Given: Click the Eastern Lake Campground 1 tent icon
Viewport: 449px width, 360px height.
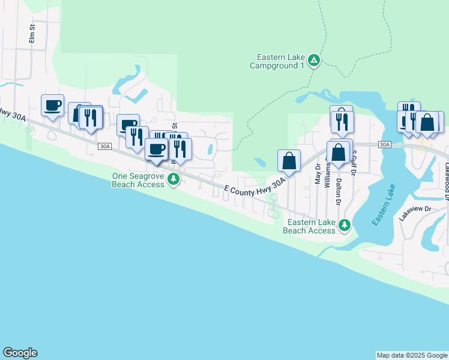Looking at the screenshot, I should pos(314,60).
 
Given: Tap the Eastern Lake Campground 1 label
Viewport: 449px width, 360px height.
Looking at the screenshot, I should pos(281,61).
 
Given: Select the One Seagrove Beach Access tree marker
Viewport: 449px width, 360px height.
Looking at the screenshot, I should pos(173,179).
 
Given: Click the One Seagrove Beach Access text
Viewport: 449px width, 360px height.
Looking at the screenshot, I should pos(138,180).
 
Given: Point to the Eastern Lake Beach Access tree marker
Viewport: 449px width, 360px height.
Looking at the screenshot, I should pos(344,226).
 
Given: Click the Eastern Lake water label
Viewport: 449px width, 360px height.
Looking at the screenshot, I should pos(383,206).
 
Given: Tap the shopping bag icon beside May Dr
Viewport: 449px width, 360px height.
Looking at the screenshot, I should pos(289,160).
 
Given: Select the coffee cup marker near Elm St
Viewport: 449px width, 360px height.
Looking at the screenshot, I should pos(52,105).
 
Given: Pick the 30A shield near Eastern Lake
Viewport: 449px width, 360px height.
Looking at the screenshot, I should pos(385,145).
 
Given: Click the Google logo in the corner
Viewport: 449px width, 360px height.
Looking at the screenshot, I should pos(20,353).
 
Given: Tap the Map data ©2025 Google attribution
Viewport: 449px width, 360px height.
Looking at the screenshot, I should pos(412,355).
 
